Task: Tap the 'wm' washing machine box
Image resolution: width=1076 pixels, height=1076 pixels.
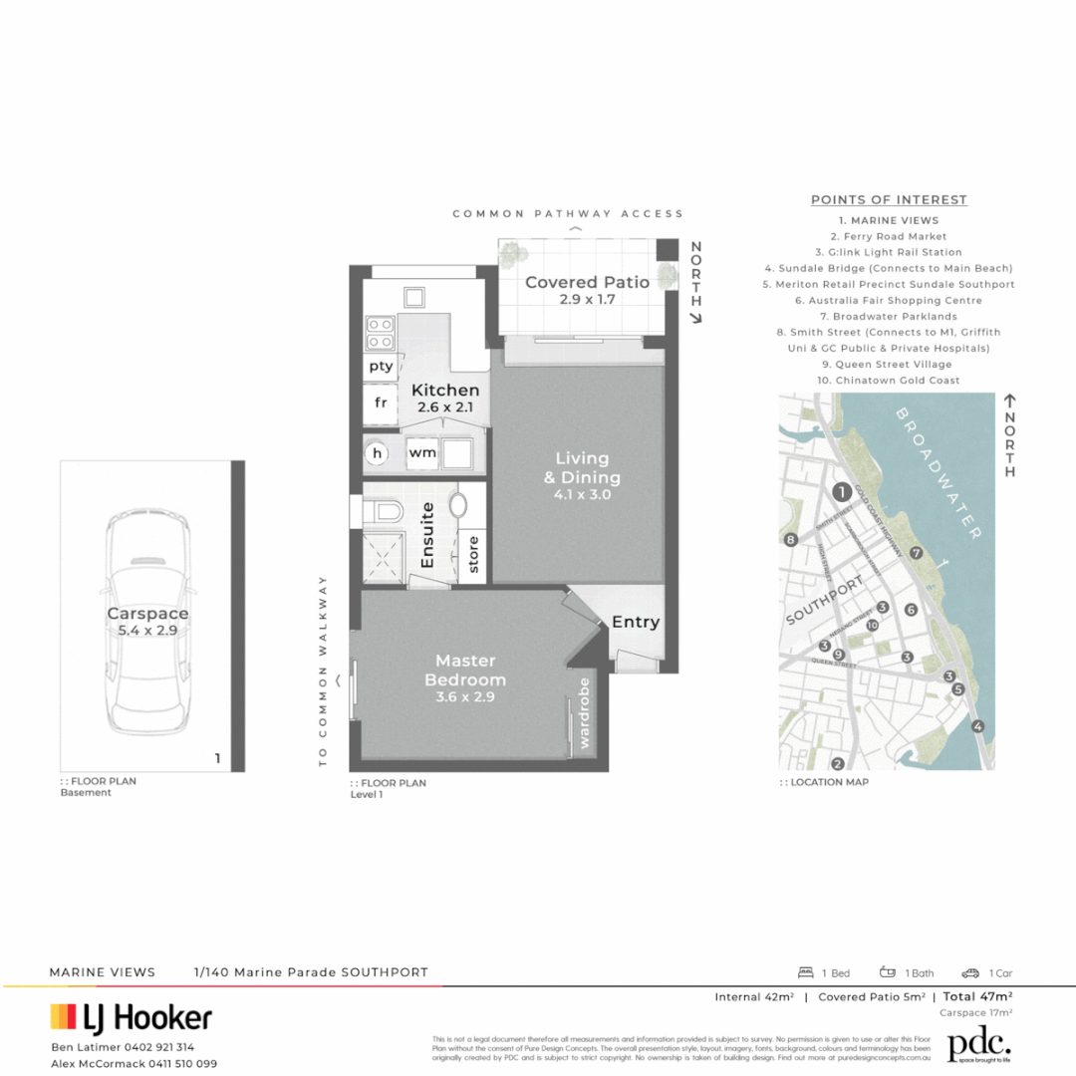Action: point(421,453)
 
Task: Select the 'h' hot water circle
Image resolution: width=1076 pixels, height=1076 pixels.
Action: point(378,453)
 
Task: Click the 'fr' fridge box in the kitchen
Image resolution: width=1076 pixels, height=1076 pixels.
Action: point(380,403)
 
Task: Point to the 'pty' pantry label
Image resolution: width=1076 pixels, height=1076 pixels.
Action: point(381,366)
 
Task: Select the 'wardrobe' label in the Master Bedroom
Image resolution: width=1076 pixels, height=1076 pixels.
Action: point(585,713)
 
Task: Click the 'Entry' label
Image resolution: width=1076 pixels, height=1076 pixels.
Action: point(636,622)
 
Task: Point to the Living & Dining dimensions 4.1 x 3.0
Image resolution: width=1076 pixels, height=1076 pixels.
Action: point(582,494)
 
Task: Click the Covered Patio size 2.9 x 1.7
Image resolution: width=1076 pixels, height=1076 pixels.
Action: point(587,299)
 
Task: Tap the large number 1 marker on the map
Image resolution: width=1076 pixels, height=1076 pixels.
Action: point(842,491)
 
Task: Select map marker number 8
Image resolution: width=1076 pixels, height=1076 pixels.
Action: point(791,540)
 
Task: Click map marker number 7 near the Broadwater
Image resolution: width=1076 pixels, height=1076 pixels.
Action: point(917,553)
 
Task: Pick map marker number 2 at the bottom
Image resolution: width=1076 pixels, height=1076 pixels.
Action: point(837,764)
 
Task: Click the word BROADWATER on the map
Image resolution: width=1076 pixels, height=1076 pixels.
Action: point(939,472)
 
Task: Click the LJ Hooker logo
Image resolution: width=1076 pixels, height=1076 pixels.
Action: point(132,1017)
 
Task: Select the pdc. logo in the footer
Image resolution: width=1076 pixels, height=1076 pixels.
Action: point(978,1045)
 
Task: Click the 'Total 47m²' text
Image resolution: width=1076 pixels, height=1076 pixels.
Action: point(977,996)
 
